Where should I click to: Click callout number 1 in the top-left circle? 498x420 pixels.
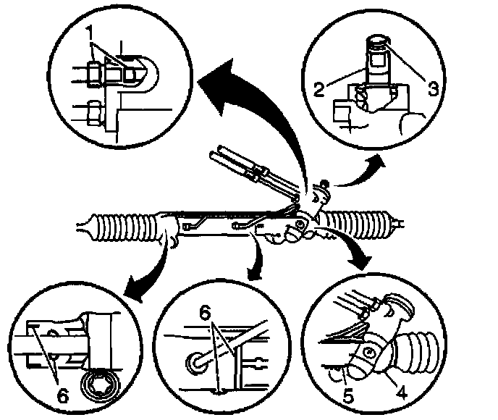pyautogui.click(x=90, y=33)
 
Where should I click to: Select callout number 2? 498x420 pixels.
pyautogui.click(x=319, y=89)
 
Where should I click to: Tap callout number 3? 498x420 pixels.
pyautogui.click(x=433, y=88)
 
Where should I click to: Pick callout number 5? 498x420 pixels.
pyautogui.click(x=347, y=396)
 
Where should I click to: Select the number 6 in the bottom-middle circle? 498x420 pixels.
pyautogui.click(x=205, y=314)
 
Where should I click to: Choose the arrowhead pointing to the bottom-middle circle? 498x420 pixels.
pyautogui.click(x=255, y=273)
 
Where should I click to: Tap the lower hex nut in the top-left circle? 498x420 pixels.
pyautogui.click(x=94, y=112)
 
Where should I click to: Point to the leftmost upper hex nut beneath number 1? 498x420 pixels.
pyautogui.click(x=93, y=75)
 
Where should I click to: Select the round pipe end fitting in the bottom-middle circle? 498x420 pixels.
pyautogui.click(x=195, y=363)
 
